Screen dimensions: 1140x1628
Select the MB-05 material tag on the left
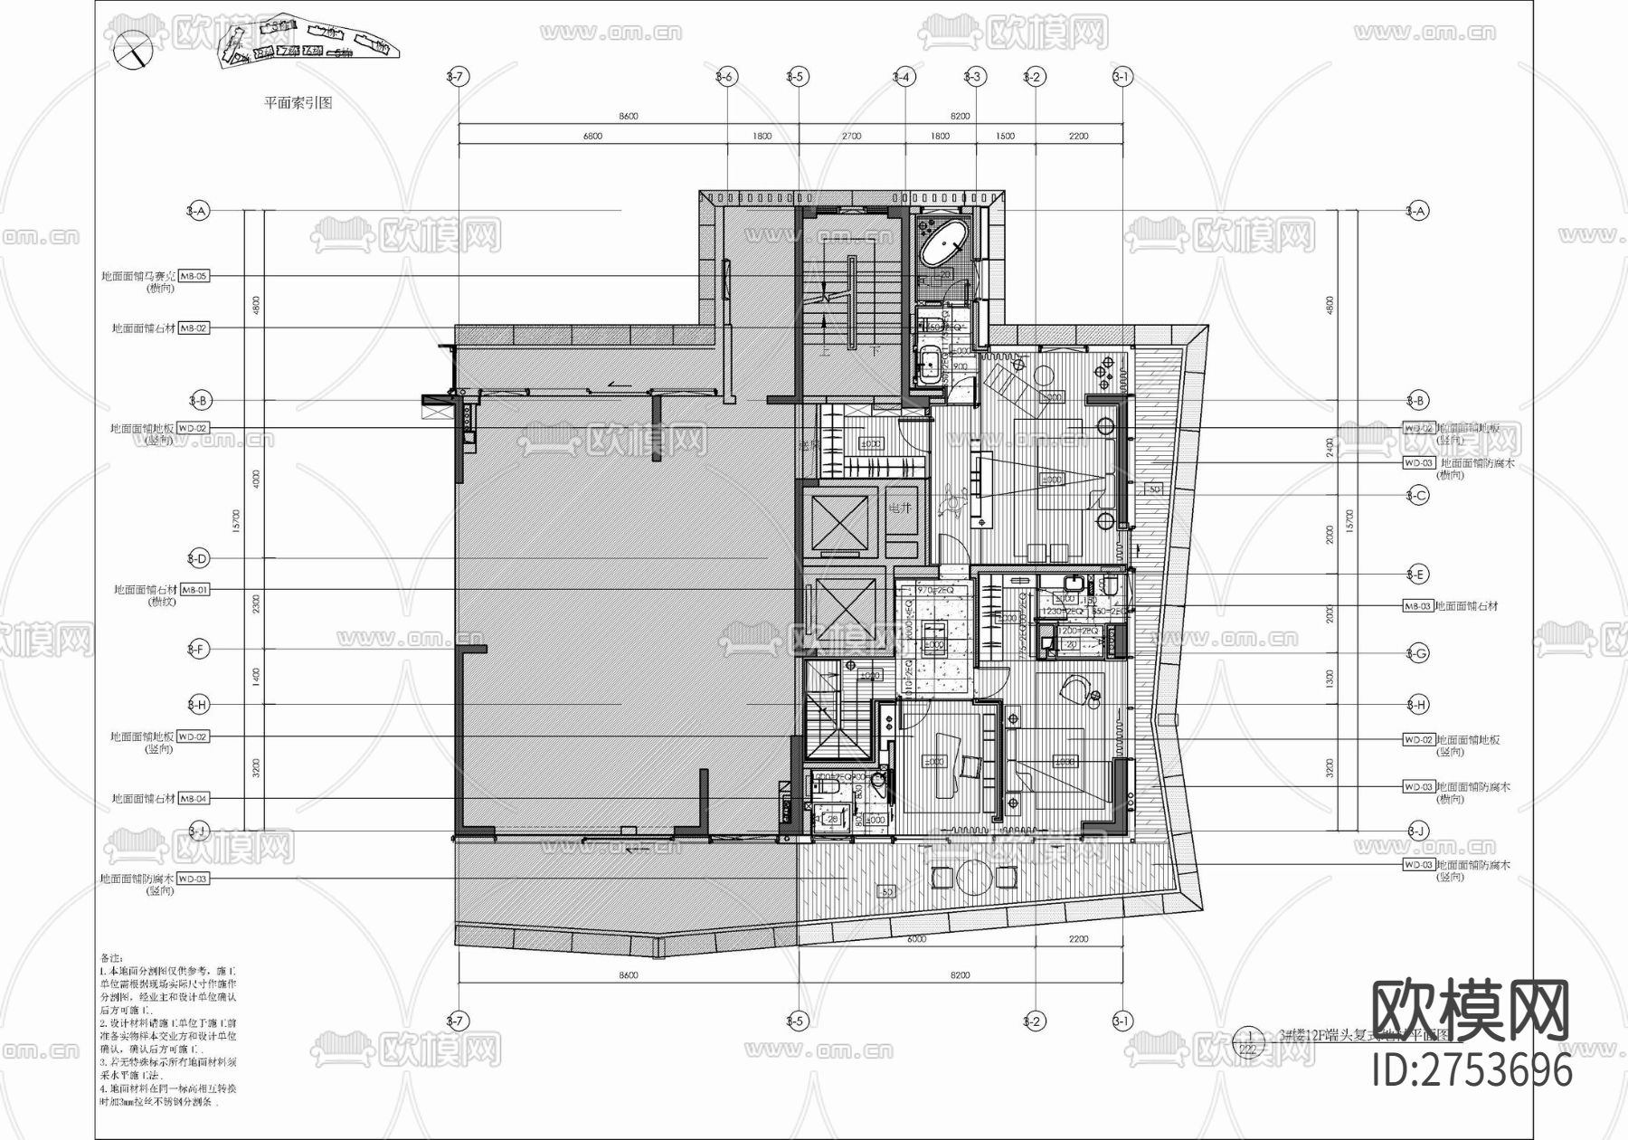tap(194, 276)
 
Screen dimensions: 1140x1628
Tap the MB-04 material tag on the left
tap(194, 799)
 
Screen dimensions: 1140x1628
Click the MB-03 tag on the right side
tap(1417, 606)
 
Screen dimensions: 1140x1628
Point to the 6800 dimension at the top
tap(592, 136)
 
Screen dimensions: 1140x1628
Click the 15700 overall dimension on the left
tap(235, 519)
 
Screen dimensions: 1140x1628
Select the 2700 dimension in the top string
tap(851, 136)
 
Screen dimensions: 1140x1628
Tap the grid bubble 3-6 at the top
tap(724, 77)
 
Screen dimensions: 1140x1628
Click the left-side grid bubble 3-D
tap(197, 558)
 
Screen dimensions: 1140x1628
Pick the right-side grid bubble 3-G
tap(1417, 653)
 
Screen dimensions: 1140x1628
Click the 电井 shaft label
tap(901, 508)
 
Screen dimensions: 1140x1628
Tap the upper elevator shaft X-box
tap(839, 523)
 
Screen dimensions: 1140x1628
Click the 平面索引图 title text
tap(298, 103)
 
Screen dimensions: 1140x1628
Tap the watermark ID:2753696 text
tap(1472, 1070)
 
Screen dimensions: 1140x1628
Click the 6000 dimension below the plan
tap(915, 939)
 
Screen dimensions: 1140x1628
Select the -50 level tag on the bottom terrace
tap(886, 892)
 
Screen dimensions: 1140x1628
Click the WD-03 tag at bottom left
tap(192, 879)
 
